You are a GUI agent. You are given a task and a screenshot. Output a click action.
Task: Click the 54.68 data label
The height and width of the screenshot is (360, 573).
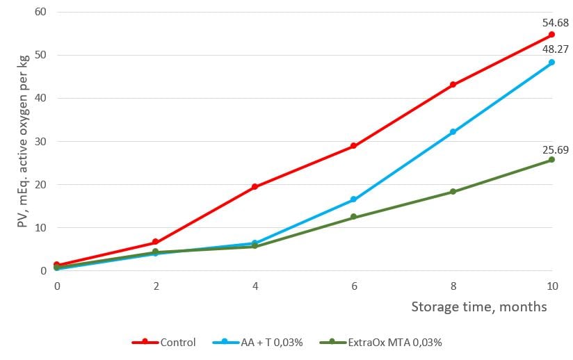555,22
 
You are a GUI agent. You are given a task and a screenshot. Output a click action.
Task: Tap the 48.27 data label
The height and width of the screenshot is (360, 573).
555,49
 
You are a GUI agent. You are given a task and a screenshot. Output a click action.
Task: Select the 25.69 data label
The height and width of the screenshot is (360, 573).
555,148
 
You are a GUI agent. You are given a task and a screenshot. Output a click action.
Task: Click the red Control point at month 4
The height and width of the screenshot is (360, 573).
255,186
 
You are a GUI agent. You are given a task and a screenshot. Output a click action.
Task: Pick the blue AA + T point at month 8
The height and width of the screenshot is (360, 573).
453,131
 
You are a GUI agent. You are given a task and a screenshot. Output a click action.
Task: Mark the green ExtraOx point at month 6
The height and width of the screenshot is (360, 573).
353,217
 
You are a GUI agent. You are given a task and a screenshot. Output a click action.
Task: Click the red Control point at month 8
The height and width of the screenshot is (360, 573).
453,85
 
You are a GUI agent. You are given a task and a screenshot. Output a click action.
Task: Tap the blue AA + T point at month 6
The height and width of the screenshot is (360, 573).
353,199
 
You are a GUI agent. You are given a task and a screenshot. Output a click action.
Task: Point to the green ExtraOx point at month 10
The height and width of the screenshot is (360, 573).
551,160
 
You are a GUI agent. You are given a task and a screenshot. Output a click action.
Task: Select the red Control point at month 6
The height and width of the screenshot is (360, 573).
353,146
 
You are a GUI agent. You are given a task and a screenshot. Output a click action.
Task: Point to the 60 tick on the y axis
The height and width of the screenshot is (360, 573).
41,12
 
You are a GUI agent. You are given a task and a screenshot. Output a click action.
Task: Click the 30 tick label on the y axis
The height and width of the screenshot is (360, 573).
41,141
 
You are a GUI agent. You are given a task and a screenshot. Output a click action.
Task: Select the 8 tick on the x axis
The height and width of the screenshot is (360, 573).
453,286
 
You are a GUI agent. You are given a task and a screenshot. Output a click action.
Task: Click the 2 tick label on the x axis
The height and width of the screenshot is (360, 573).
156,286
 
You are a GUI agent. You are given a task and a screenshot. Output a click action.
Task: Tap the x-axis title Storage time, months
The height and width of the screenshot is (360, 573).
478,306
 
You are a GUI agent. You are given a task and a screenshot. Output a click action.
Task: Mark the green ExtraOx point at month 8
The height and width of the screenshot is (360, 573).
453,192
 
